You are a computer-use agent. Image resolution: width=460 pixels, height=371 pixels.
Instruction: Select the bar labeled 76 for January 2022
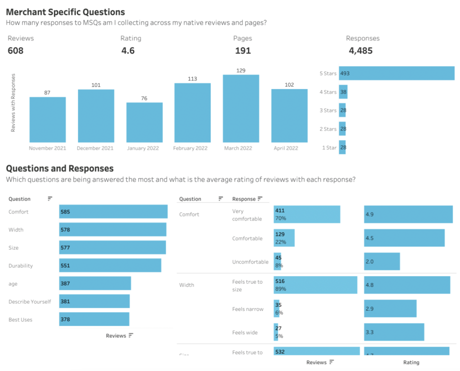144,122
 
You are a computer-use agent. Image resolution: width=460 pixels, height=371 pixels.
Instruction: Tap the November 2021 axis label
48,148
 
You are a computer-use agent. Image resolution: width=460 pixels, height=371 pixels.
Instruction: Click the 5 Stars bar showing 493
396,73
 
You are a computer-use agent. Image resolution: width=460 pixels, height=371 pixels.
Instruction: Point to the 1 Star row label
329,148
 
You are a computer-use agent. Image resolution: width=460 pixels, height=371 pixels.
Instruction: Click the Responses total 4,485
361,51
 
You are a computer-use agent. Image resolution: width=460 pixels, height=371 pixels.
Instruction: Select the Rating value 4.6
128,51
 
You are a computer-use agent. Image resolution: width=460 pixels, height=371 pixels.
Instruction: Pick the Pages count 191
243,51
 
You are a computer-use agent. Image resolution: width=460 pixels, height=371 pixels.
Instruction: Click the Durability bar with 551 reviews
110,265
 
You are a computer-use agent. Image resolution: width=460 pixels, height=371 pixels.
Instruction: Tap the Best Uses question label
20,320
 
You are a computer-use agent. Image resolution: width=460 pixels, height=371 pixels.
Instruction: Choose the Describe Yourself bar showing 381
94,301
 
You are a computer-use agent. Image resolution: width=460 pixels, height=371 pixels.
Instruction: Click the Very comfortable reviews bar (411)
307,215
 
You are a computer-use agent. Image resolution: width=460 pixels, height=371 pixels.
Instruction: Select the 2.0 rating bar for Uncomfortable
382,262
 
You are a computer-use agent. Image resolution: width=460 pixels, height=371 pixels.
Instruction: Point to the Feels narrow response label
248,309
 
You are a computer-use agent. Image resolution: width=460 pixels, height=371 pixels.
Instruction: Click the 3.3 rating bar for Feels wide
394,332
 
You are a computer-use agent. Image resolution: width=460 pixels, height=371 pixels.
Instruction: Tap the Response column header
244,199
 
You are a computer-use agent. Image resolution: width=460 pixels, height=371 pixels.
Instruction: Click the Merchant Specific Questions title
66,12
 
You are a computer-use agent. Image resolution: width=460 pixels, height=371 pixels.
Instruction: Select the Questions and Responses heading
60,169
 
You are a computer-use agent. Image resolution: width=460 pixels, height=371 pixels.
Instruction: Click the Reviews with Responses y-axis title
13,103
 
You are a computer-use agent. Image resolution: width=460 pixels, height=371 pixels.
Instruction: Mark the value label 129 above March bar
241,71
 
